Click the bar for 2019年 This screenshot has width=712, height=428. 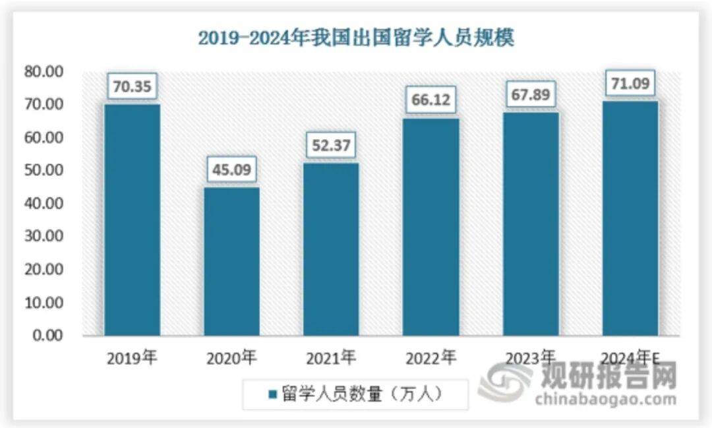pyautogui.click(x=132, y=220)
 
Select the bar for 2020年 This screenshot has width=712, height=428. pyautogui.click(x=231, y=261)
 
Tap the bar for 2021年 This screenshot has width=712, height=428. pyautogui.click(x=331, y=249)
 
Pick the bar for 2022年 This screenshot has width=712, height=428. pyautogui.click(x=431, y=227)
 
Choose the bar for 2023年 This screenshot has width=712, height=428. pyautogui.click(x=531, y=224)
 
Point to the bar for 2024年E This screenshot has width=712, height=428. pyautogui.click(x=630, y=218)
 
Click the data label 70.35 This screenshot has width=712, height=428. pyautogui.click(x=132, y=86)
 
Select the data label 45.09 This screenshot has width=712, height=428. pyautogui.click(x=231, y=169)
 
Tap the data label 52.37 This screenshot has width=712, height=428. pyautogui.click(x=331, y=145)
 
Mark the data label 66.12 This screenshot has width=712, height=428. pyautogui.click(x=431, y=100)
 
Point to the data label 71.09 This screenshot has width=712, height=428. pyautogui.click(x=630, y=83)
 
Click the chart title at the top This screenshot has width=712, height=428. pyautogui.click(x=356, y=38)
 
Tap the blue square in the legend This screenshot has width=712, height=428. pyautogui.click(x=272, y=395)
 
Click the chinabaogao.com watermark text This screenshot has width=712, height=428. pyautogui.click(x=605, y=399)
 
